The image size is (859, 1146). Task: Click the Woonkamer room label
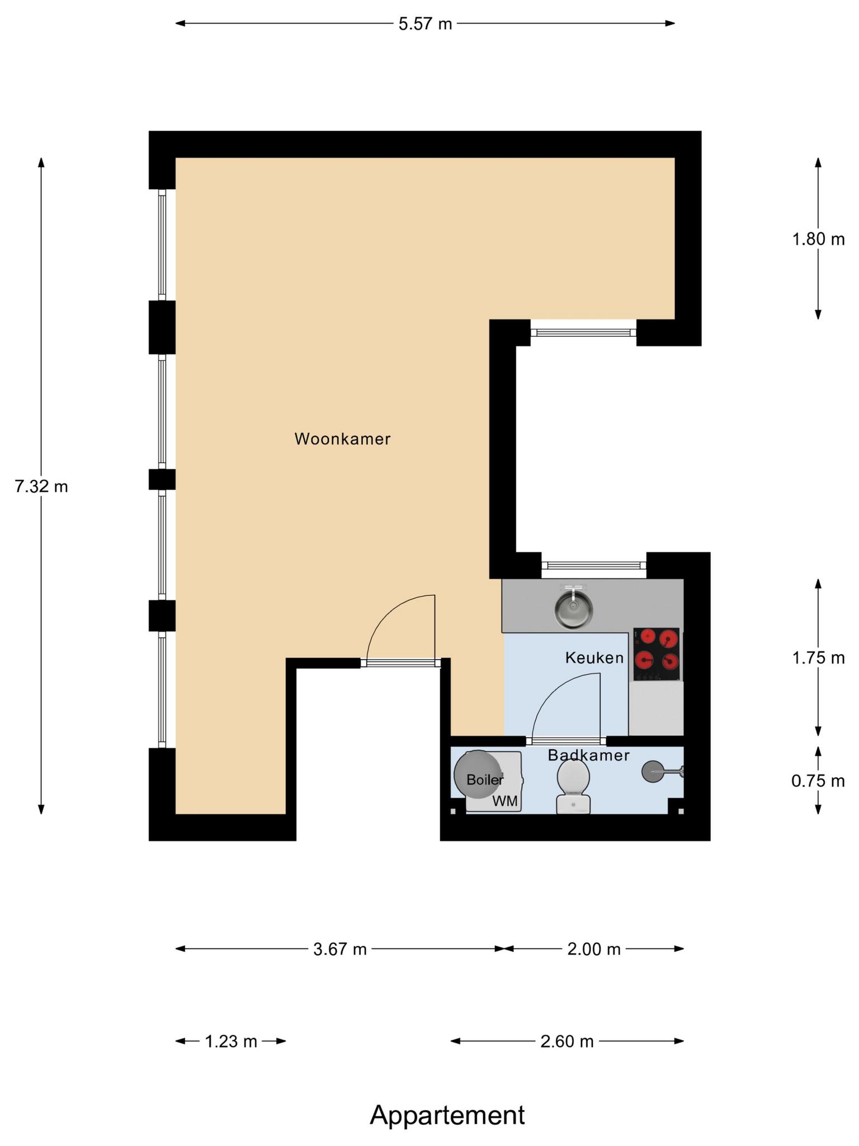pos(342,439)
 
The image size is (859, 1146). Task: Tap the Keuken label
pos(594,657)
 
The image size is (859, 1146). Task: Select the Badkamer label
pos(588,755)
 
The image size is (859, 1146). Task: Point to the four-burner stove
pos(657,654)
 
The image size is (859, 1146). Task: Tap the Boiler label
pos(485,779)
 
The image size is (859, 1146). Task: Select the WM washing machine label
pos(505,801)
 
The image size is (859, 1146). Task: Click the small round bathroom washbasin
pos(652,772)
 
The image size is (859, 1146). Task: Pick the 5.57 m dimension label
pos(425,24)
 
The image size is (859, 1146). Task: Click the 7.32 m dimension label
pos(41,487)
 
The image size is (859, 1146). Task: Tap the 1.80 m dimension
pos(818,239)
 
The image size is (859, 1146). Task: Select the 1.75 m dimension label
pos(818,658)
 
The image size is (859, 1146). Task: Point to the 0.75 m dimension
pos(818,781)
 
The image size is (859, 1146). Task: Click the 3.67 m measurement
pos(340,949)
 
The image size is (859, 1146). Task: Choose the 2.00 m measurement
pos(594,949)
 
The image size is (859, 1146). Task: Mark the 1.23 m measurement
pos(231,1041)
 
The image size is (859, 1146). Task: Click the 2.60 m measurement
pos(567,1041)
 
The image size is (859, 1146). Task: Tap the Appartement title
pos(447,1115)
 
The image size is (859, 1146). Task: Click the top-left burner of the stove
pos(648,636)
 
